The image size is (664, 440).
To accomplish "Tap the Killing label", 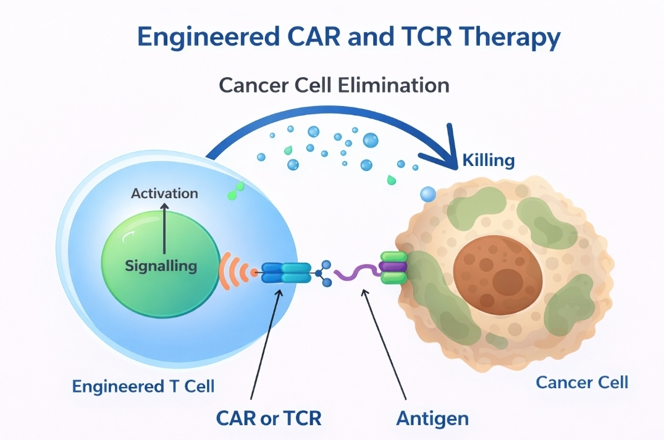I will (488, 161).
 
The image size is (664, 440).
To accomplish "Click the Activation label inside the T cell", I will (164, 193).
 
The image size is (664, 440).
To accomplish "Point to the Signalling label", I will (161, 267).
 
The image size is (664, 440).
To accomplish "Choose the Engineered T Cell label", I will (143, 387).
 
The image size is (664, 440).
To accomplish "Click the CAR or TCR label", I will (269, 418).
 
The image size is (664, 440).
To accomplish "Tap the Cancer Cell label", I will (582, 383).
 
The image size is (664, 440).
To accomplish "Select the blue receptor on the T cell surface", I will (287, 272).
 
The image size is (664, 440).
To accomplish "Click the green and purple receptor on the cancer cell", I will (393, 267).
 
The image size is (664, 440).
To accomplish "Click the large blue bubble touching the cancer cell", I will (428, 195).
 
